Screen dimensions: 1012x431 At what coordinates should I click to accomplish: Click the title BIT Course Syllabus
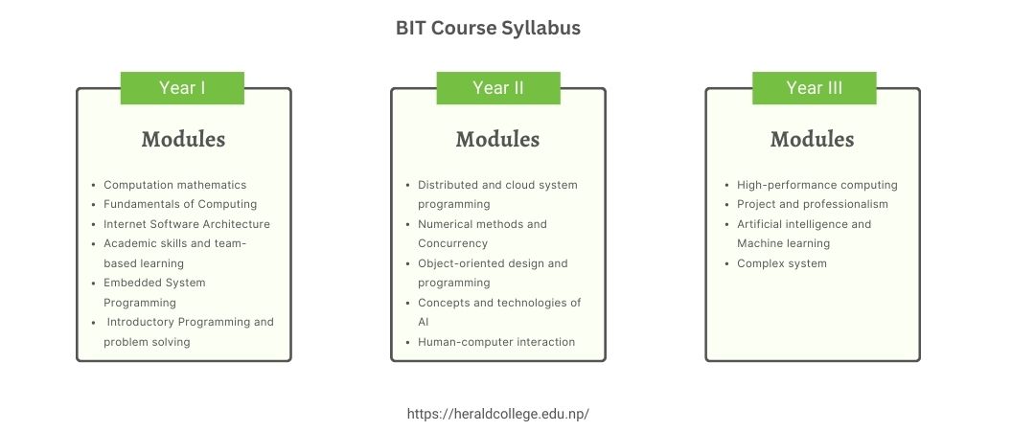[x=488, y=29]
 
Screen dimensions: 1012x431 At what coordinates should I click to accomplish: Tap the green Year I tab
[x=183, y=88]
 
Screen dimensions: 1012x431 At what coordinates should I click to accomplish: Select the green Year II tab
[x=498, y=88]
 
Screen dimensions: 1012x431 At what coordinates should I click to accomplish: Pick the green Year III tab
[x=815, y=88]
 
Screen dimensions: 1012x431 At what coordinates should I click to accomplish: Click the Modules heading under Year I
[x=183, y=140]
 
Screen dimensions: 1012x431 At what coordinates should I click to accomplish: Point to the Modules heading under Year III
[x=812, y=140]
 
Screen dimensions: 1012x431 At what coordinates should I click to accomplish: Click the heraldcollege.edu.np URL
[x=498, y=414]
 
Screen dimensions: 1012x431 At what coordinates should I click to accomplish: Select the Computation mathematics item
[x=175, y=185]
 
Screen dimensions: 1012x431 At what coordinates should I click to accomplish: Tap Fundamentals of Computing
[x=180, y=205]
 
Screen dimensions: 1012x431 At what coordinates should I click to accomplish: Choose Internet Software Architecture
[x=187, y=224]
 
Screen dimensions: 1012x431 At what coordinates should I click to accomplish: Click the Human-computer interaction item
[x=496, y=342]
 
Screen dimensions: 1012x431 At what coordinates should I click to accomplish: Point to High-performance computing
[x=817, y=185]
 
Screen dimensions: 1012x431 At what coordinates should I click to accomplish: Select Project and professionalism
[x=813, y=205]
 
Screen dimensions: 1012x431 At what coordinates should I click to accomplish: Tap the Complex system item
[x=782, y=264]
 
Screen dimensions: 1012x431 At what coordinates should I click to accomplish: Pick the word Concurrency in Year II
[x=452, y=244]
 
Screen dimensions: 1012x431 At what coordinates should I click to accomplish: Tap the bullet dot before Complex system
[x=728, y=264]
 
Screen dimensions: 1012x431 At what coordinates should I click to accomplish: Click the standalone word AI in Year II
[x=423, y=322]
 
